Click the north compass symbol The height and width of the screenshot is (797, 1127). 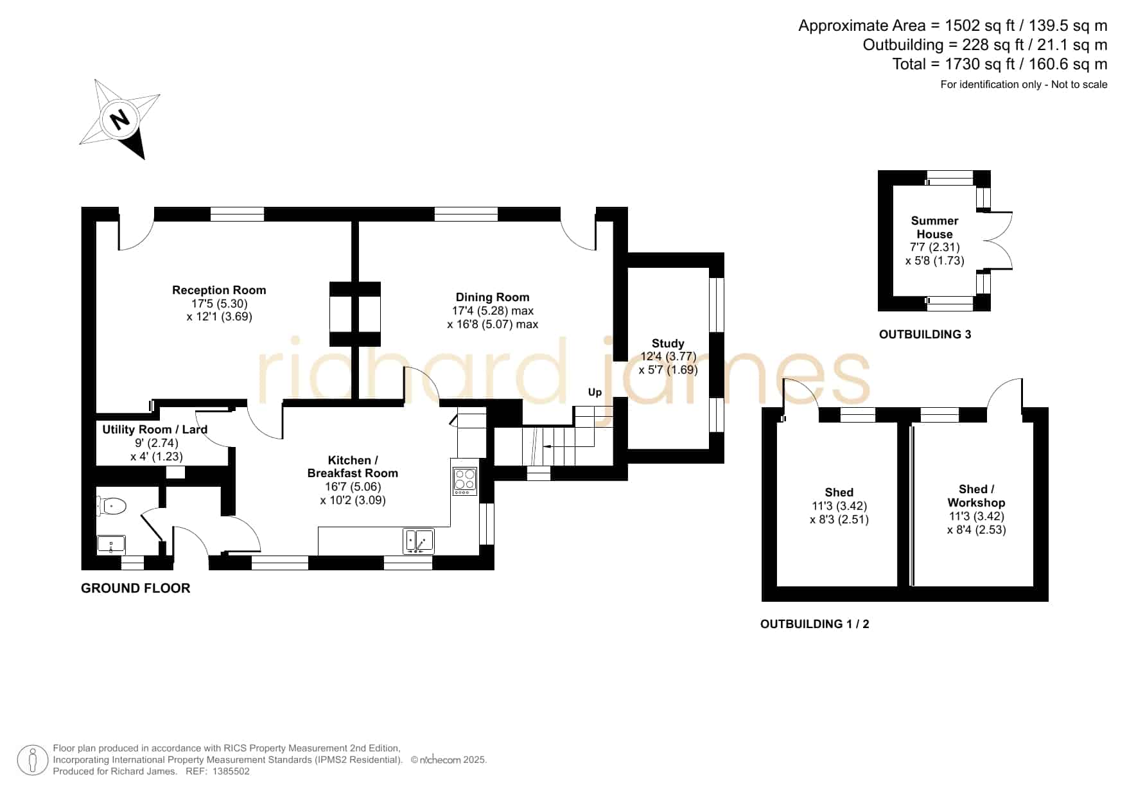pyautogui.click(x=120, y=119)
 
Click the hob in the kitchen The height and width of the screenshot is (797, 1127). pyautogui.click(x=465, y=480)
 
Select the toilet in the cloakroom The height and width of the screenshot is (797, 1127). pyautogui.click(x=111, y=507)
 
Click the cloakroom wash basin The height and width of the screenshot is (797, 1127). pyautogui.click(x=111, y=545)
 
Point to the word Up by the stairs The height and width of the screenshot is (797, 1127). pyautogui.click(x=595, y=392)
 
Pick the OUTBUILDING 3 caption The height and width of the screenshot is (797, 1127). pyautogui.click(x=925, y=335)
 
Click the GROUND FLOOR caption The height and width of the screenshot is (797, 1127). pyautogui.click(x=135, y=588)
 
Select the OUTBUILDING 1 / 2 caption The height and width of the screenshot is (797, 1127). pyautogui.click(x=814, y=624)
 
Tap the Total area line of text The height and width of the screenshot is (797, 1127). pyautogui.click(x=999, y=64)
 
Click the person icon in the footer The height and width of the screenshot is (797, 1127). pyautogui.click(x=32, y=760)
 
